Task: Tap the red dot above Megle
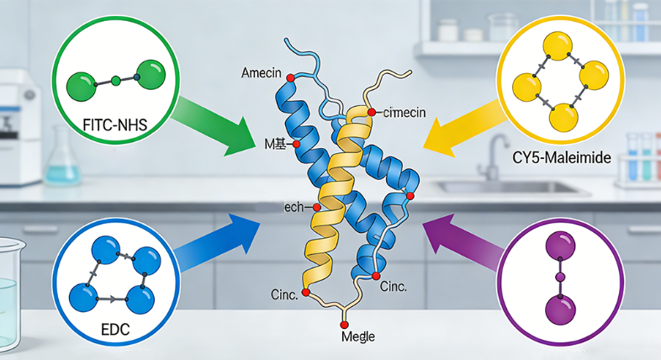[343, 322]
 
